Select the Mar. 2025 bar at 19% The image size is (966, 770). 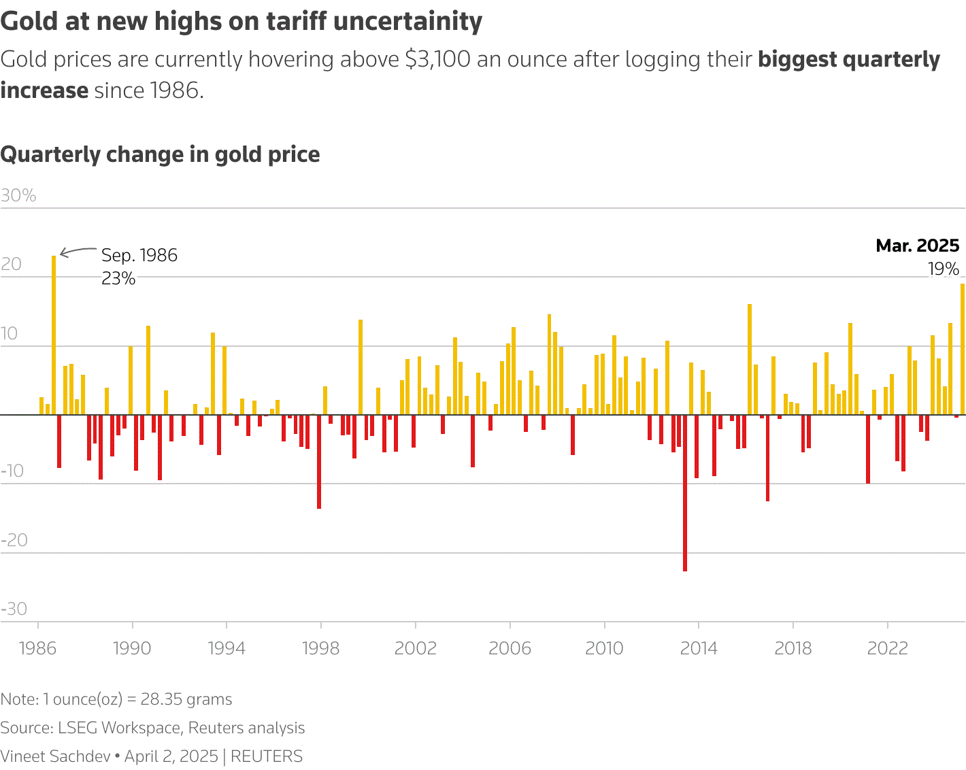(x=962, y=349)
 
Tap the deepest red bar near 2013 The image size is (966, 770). (x=684, y=493)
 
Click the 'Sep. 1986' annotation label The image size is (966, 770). (x=139, y=255)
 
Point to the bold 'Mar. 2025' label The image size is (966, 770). (x=917, y=246)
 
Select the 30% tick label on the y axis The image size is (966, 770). (x=18, y=196)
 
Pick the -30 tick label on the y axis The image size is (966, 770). (x=14, y=609)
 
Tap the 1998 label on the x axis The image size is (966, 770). (x=320, y=648)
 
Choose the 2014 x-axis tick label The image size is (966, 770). (x=699, y=648)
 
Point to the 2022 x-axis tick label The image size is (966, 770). (x=887, y=648)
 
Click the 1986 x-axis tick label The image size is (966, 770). (x=37, y=648)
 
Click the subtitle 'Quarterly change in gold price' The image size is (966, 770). (x=160, y=154)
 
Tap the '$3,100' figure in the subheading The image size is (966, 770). (x=437, y=59)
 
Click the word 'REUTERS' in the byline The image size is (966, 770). (x=267, y=756)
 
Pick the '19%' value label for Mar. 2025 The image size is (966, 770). (x=944, y=269)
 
